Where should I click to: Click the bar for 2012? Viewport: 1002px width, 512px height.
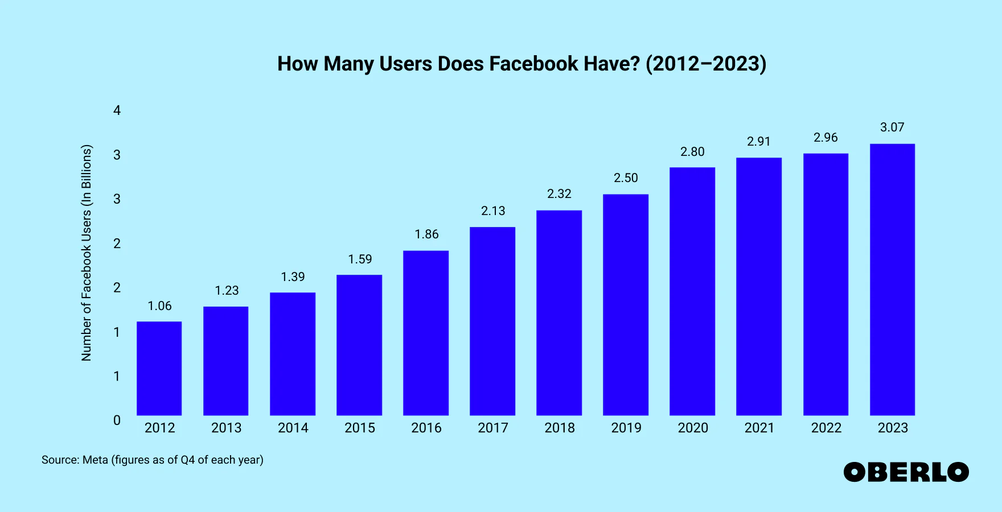point(159,368)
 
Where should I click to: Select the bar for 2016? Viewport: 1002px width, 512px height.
point(426,333)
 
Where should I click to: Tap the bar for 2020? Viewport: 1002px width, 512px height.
point(692,291)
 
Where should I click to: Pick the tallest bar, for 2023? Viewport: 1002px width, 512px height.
point(892,279)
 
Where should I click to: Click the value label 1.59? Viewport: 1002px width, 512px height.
point(360,259)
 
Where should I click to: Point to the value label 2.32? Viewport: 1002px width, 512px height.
point(559,194)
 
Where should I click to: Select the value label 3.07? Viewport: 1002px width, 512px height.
point(892,127)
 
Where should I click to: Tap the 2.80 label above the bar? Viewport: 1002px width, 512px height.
point(692,152)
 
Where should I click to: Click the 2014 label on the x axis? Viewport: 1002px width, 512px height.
point(293,428)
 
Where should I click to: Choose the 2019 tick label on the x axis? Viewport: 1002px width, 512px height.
point(626,428)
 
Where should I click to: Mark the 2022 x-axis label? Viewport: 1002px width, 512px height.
point(826,428)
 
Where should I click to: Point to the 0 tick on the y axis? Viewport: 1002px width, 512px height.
point(117,420)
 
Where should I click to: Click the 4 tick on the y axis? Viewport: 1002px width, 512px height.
point(117,110)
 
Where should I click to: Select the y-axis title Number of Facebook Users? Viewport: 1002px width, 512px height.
point(87,253)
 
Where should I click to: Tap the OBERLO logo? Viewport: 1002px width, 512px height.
point(906,472)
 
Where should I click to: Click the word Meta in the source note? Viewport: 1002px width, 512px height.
point(95,460)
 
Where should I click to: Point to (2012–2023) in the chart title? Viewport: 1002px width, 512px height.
point(706,64)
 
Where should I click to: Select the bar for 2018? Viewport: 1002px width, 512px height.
point(559,313)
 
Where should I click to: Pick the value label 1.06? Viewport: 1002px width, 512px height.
point(159,306)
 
